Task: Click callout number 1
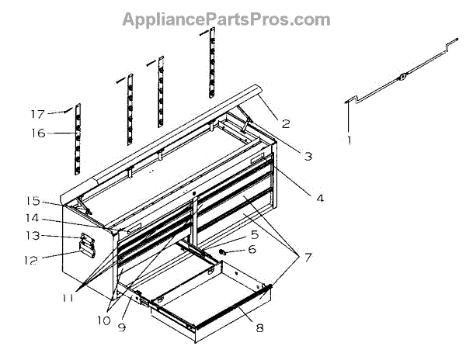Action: click(x=349, y=140)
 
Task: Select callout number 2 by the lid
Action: click(x=287, y=123)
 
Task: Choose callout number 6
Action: click(x=251, y=250)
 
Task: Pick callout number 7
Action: click(x=308, y=256)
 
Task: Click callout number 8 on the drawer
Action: click(x=259, y=327)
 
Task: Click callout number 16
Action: click(x=40, y=133)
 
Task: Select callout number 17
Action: click(x=38, y=113)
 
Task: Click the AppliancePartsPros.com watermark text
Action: click(x=226, y=19)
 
